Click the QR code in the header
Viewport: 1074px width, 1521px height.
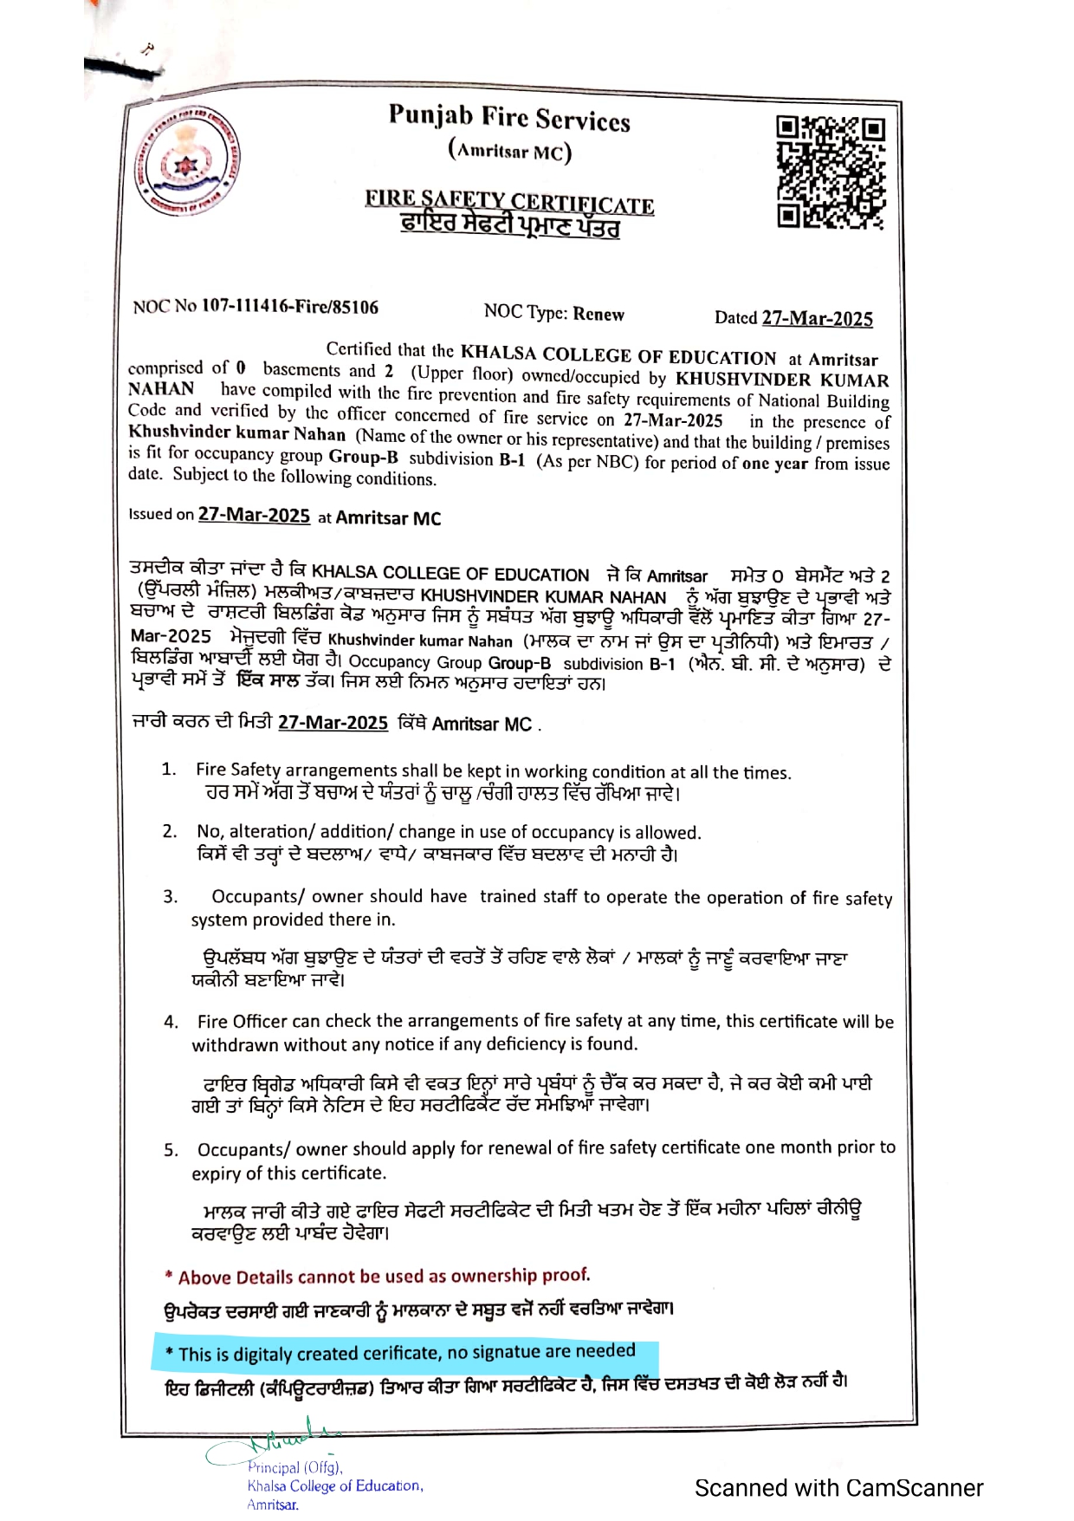point(830,172)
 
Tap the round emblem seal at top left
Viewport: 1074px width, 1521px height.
point(191,161)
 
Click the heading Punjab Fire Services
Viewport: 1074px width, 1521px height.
point(509,118)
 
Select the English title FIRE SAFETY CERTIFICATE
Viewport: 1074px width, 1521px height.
point(509,201)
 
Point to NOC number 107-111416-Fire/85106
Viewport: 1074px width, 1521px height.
point(290,307)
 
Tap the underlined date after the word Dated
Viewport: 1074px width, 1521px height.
point(817,318)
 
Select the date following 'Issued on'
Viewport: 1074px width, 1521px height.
point(254,515)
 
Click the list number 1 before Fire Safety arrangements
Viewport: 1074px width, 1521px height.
point(169,769)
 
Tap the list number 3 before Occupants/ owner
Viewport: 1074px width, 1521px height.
point(171,896)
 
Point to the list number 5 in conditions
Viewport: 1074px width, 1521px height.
point(171,1150)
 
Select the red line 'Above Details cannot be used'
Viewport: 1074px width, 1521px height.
point(378,1276)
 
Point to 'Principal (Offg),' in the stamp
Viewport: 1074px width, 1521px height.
point(294,1467)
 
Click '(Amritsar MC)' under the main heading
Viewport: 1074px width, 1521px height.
point(509,151)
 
